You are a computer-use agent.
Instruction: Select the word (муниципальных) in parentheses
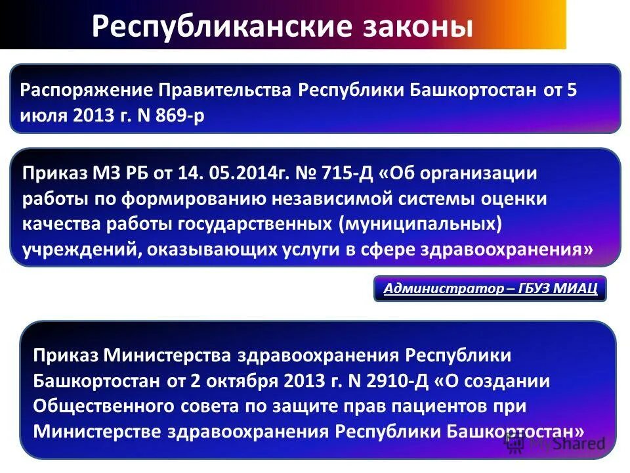(420, 224)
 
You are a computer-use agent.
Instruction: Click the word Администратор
(434, 288)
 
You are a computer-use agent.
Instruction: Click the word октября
(236, 380)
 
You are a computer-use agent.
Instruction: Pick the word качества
(60, 224)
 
